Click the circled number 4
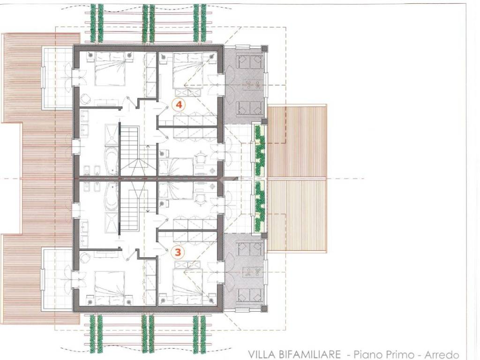(179, 105)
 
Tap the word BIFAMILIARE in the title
(309, 355)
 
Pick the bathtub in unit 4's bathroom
(112, 161)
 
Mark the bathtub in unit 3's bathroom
(112, 196)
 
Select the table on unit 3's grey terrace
(252, 271)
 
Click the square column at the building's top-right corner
(264, 48)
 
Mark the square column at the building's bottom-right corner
(264, 308)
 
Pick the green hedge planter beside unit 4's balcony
(260, 150)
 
